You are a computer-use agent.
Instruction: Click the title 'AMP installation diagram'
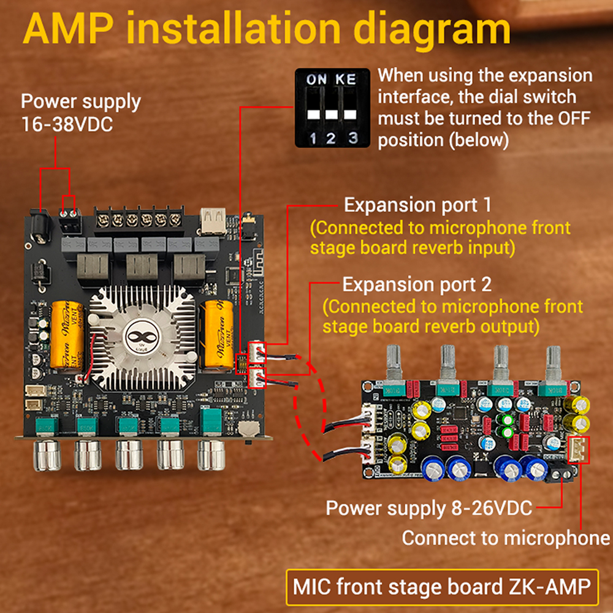click(x=267, y=29)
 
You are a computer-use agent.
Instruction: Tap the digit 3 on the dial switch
click(x=352, y=138)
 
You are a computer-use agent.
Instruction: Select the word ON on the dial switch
click(x=317, y=79)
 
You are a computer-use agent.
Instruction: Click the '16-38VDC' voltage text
click(x=67, y=124)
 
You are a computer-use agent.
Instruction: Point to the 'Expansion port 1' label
click(x=417, y=205)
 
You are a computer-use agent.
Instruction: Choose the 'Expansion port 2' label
click(x=416, y=285)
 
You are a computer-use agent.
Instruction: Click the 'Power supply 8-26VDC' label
click(x=428, y=508)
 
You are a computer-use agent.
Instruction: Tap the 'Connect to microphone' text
click(x=506, y=539)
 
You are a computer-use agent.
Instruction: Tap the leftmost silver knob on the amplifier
click(x=47, y=454)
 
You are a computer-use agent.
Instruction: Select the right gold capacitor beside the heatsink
click(x=219, y=335)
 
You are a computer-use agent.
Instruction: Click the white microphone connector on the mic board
click(x=578, y=451)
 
